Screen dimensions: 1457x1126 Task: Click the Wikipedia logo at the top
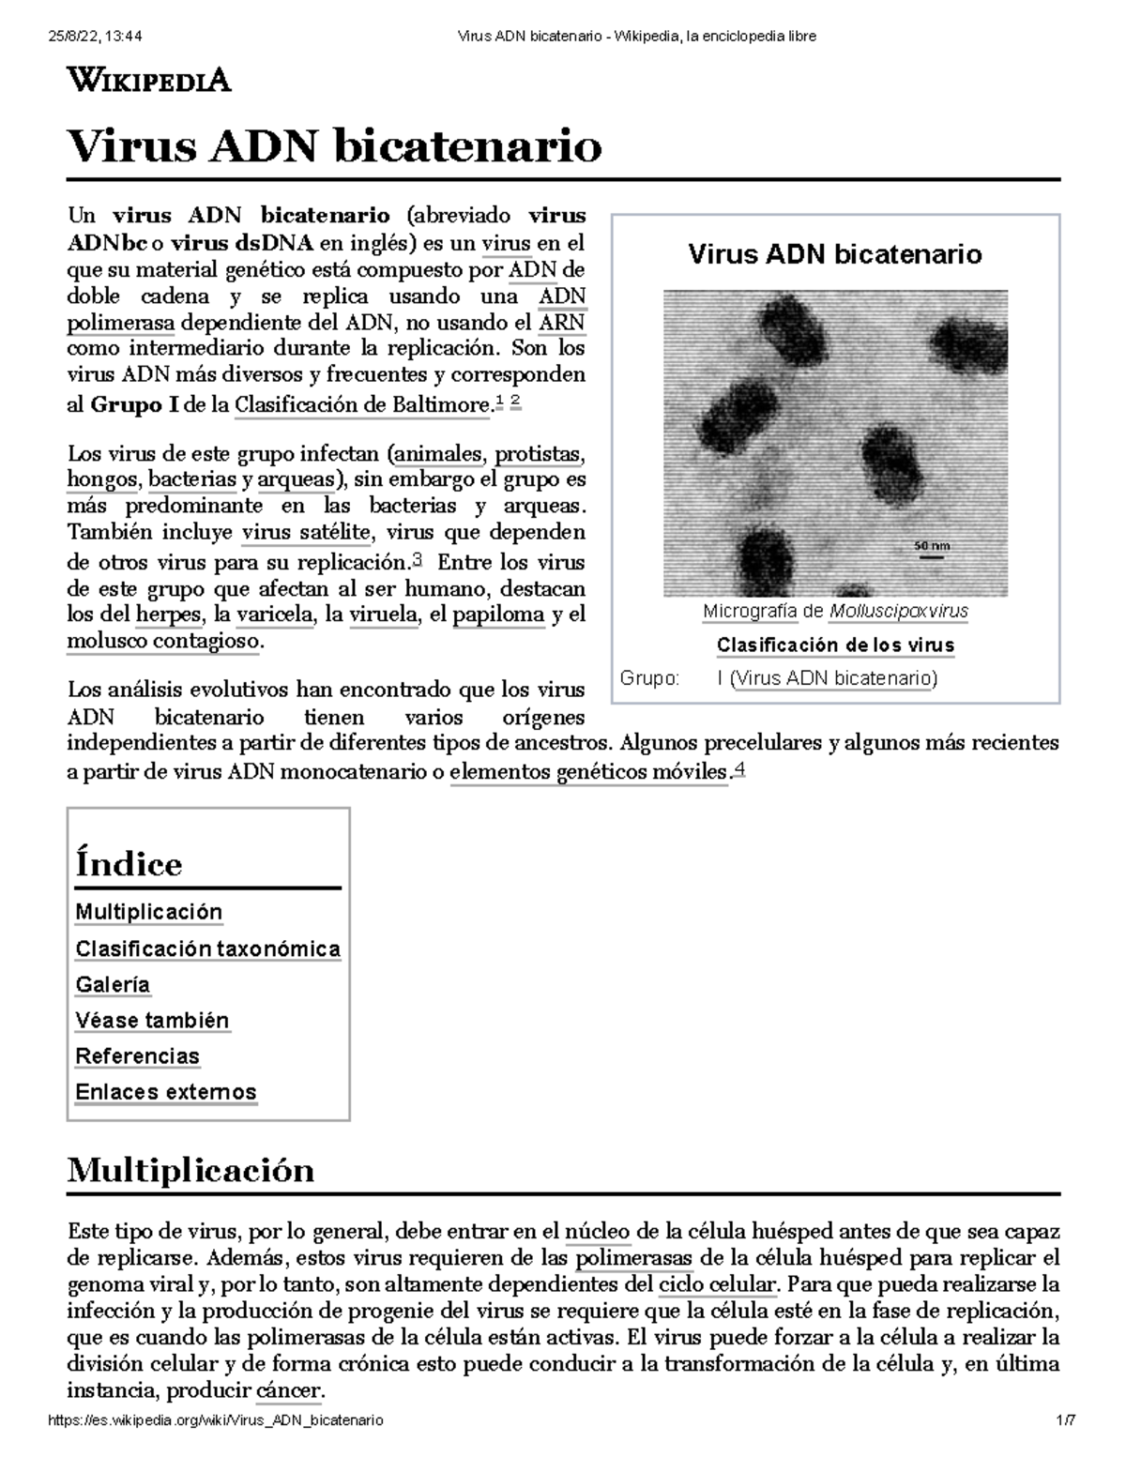click(148, 81)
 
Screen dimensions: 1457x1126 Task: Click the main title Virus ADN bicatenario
click(334, 146)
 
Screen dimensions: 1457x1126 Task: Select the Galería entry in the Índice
click(113, 985)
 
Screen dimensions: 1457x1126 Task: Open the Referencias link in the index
click(137, 1056)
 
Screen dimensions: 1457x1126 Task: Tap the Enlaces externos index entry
click(165, 1092)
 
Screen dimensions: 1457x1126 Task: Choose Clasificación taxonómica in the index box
click(207, 949)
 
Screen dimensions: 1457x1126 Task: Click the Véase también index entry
click(152, 1021)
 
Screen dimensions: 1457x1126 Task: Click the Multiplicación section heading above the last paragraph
click(190, 1171)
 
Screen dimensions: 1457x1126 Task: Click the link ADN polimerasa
click(121, 324)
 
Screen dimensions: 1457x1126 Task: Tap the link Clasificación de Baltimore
click(362, 406)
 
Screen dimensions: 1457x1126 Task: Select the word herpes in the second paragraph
click(168, 615)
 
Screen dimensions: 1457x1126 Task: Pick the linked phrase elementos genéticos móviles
click(588, 773)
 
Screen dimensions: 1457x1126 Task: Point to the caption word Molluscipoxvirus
click(898, 612)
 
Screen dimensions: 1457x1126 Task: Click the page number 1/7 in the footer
click(1064, 1421)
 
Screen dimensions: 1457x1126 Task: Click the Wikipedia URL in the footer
click(215, 1421)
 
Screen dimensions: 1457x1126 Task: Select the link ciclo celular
click(717, 1284)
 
